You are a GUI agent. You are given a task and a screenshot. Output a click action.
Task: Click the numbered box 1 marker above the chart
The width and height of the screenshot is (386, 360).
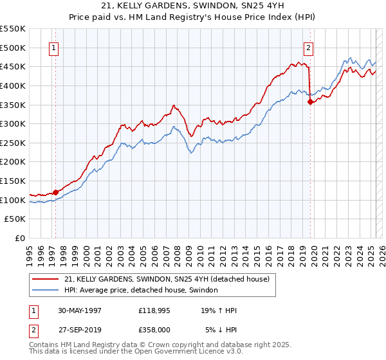pyautogui.click(x=53, y=47)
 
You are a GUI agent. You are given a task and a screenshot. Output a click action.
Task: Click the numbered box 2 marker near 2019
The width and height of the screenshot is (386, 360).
pyautogui.click(x=309, y=47)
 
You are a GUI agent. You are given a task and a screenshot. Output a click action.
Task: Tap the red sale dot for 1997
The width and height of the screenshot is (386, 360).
pyautogui.click(x=56, y=192)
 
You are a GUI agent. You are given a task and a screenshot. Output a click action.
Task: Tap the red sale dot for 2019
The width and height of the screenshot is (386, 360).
pyautogui.click(x=310, y=101)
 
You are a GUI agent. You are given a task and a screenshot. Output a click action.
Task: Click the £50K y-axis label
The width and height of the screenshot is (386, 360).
pyautogui.click(x=15, y=219)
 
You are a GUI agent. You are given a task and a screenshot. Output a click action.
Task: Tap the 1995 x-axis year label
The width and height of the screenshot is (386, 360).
pyautogui.click(x=30, y=251)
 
